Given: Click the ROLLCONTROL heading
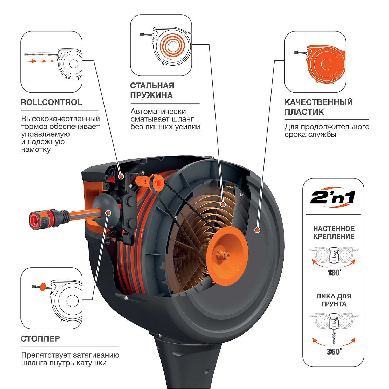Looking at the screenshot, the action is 51,102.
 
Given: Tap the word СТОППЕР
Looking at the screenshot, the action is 40,339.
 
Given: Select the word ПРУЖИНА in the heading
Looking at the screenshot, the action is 151,95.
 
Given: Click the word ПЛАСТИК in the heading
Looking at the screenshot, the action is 304,112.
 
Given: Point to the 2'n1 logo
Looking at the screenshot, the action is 333,198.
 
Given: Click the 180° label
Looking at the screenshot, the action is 335,273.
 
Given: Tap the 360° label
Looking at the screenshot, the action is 334,352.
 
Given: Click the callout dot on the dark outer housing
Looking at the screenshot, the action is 257,230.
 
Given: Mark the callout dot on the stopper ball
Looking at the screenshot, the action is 108,213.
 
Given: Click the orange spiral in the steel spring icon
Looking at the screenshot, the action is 171,46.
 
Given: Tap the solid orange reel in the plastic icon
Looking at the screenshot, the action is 326,64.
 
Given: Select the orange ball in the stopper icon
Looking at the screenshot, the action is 43,287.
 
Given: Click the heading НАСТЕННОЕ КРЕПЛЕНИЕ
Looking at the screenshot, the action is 334,233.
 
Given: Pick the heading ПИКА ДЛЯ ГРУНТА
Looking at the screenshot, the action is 334,300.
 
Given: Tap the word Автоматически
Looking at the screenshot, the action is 158,112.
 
